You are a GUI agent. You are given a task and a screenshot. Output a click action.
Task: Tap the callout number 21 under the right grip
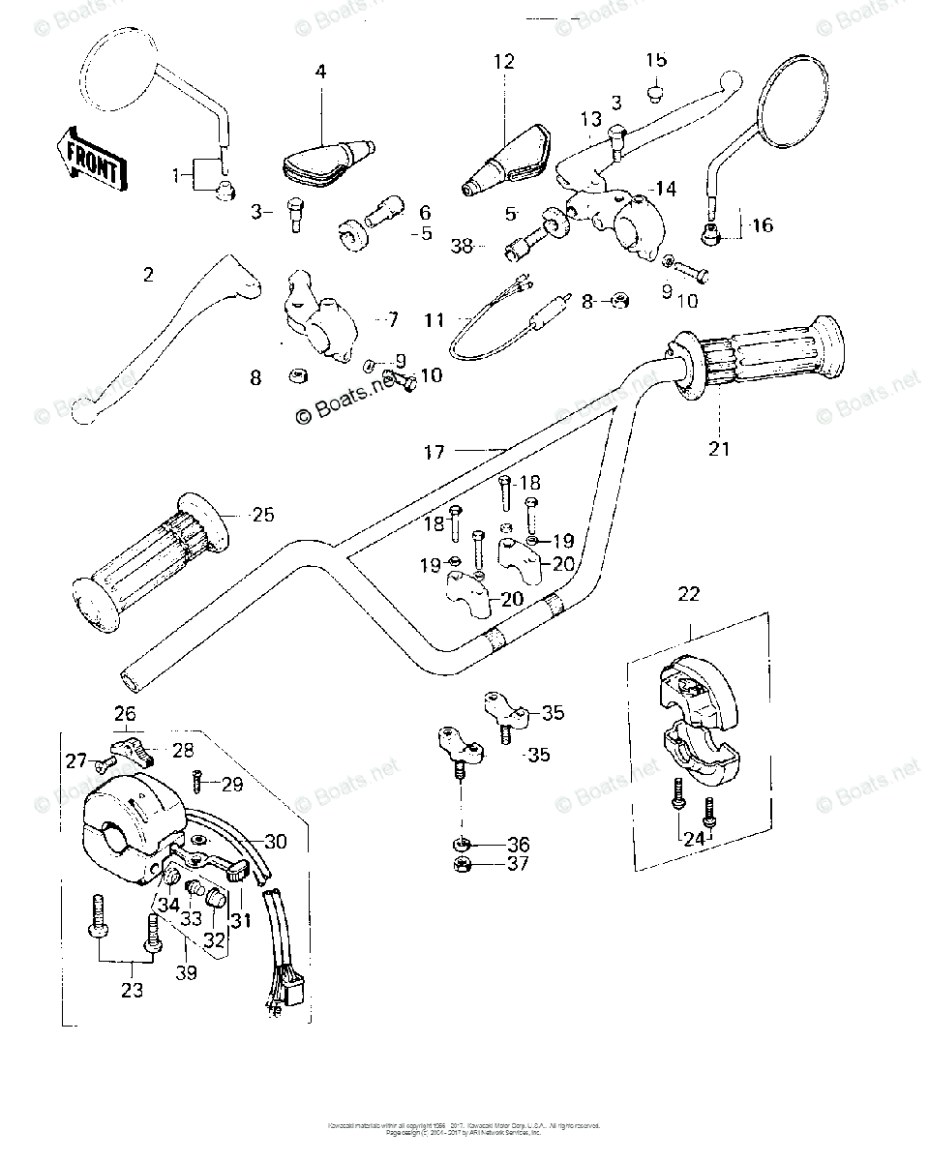[x=720, y=449]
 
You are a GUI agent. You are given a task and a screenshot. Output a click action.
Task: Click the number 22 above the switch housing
[x=688, y=594]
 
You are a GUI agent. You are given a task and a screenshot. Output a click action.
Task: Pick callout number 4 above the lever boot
[x=320, y=71]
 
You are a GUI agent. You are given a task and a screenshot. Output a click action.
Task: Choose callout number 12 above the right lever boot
[x=504, y=62]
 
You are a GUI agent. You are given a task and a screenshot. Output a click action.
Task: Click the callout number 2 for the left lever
[x=148, y=275]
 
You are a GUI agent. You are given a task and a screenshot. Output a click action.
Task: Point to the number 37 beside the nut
[x=518, y=863]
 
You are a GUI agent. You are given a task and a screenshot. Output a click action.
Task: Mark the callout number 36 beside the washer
[x=518, y=844]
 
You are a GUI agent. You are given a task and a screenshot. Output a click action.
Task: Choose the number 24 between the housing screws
[x=694, y=839]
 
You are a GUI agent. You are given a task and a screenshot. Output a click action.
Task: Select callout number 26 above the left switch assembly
[x=125, y=714]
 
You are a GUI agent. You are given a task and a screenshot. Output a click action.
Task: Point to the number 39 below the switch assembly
[x=186, y=972]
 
